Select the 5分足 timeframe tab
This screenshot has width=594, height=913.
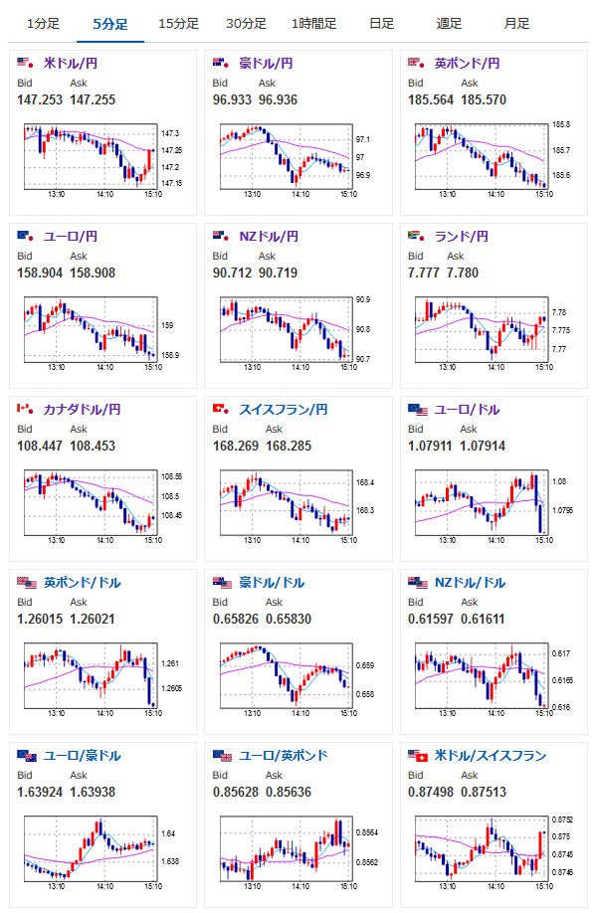(110, 24)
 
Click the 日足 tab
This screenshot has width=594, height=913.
(382, 24)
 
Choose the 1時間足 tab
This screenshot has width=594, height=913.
(313, 24)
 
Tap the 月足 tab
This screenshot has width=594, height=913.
(517, 24)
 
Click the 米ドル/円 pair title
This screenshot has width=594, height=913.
(71, 63)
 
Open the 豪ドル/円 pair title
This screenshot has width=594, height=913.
(266, 63)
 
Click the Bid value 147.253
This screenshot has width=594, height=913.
(40, 100)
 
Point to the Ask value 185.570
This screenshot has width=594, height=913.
(484, 100)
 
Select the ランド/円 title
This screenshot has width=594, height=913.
(462, 237)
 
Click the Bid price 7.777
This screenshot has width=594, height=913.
(424, 274)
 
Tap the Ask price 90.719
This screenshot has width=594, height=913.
(278, 274)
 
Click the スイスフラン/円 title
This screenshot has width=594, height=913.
(284, 410)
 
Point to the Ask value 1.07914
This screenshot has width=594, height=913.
(483, 446)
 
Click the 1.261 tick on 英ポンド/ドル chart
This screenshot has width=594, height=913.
(170, 663)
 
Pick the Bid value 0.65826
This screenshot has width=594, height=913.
(235, 619)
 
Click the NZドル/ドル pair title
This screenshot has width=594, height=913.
(470, 582)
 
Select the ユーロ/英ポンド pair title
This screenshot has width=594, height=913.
(284, 755)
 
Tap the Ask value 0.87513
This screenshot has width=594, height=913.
(484, 792)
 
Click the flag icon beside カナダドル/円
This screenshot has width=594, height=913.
(25, 409)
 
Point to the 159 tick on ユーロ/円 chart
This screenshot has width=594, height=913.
(167, 325)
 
